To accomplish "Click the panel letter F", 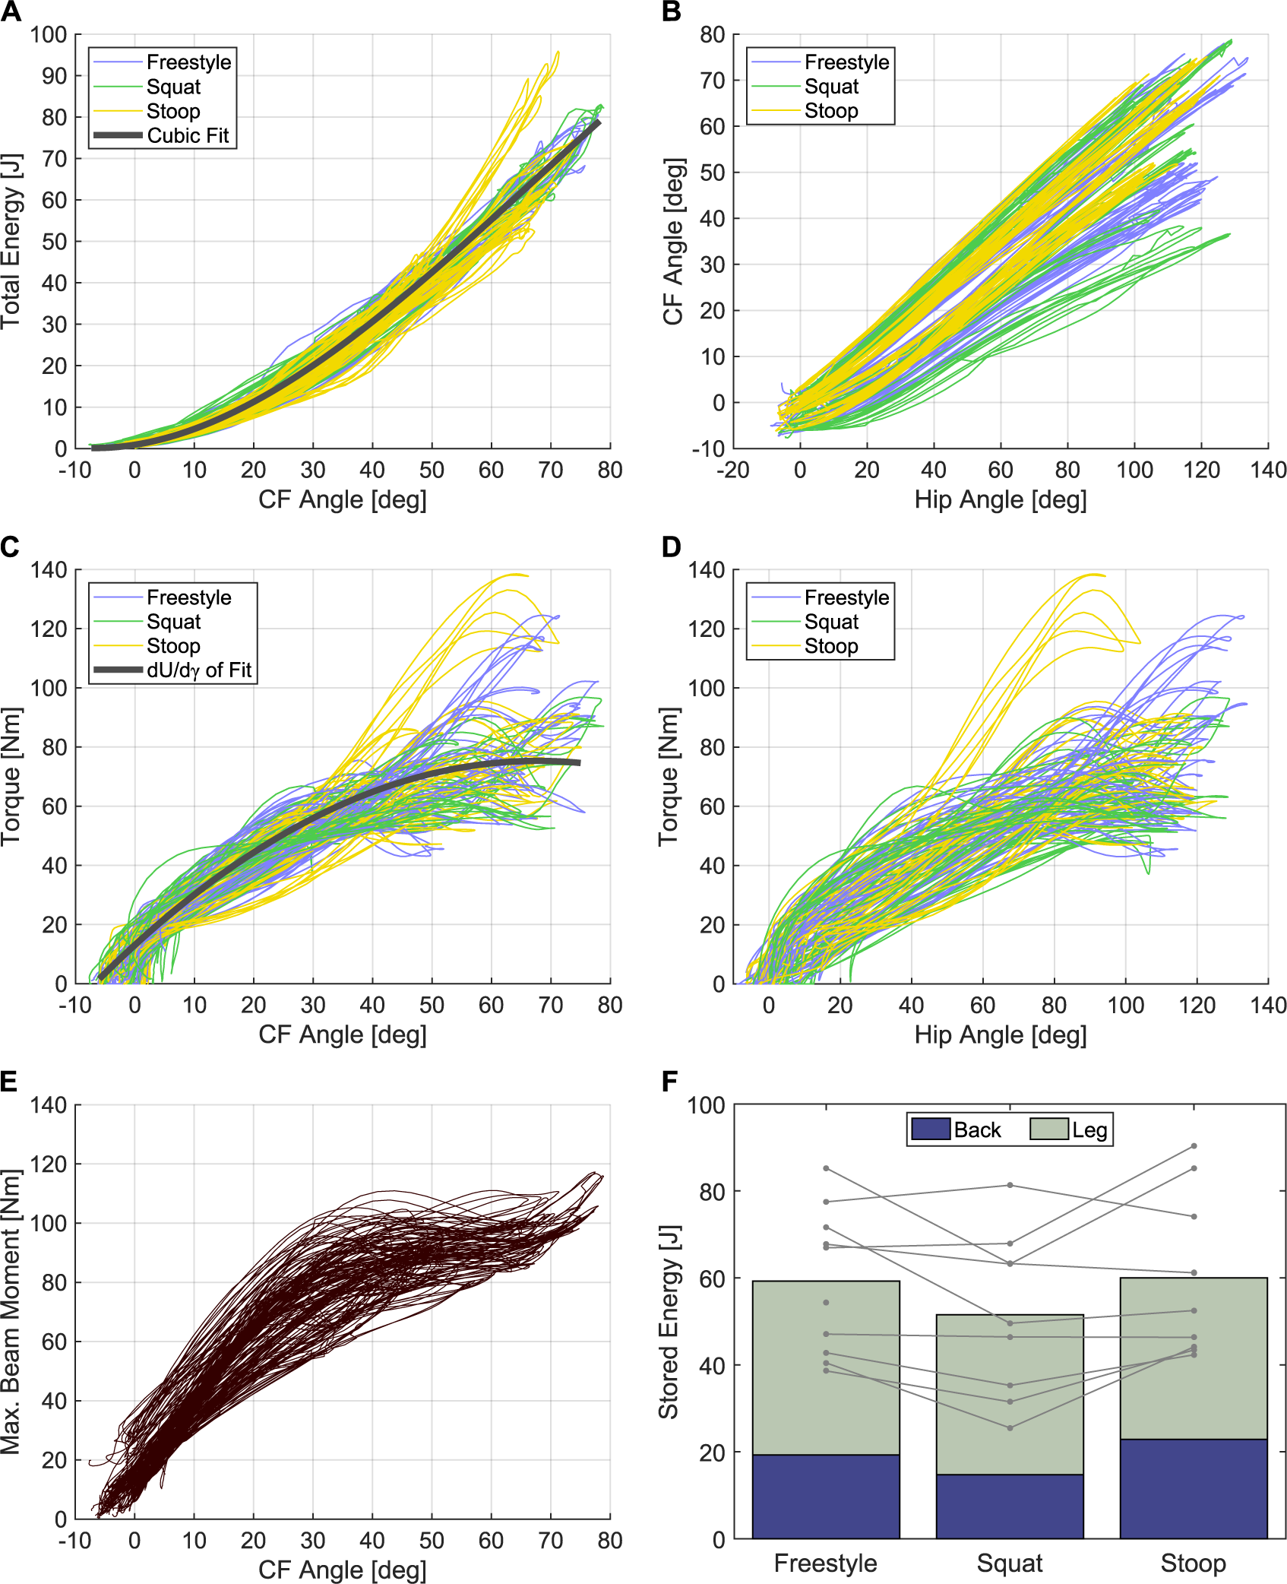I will coord(669,1082).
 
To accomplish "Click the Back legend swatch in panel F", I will coord(931,1129).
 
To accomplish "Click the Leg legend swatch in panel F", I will coord(1049,1129).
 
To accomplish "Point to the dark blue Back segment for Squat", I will coord(1010,1506).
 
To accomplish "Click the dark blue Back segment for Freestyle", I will coord(826,1497).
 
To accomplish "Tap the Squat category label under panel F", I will coord(1010,1563).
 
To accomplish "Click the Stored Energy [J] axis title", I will coord(669,1322).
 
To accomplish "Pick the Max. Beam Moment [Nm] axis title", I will coord(11,1312).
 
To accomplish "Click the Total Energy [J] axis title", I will coord(11,241).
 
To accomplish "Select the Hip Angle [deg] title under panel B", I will coord(1001,500).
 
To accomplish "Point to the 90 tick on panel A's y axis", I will coord(54,76).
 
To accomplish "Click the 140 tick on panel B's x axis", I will coord(1268,470).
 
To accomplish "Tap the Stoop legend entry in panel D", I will coord(830,646).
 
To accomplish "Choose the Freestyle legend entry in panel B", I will coord(846,62).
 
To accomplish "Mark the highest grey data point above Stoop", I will coord(1194,1146).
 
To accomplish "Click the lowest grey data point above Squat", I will coord(1010,1428).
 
